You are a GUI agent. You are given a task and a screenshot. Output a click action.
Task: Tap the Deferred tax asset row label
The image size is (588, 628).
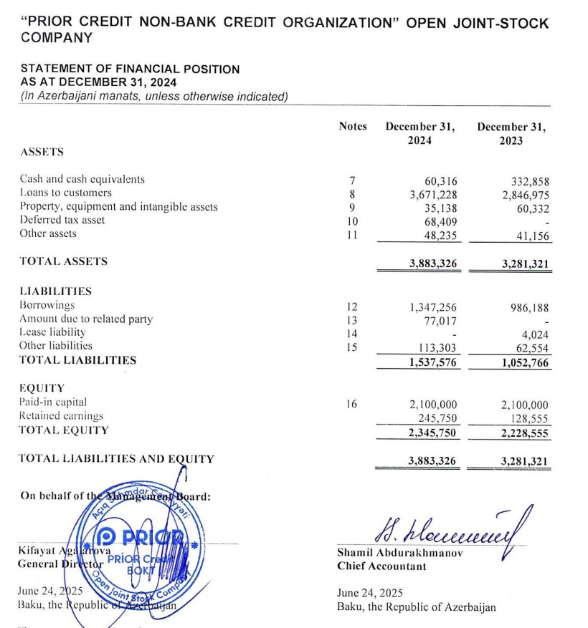coord(62,220)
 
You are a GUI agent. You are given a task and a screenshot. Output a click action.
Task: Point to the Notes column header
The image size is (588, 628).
coord(353,127)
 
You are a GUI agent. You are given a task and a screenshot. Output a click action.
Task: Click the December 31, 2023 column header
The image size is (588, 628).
coord(511,134)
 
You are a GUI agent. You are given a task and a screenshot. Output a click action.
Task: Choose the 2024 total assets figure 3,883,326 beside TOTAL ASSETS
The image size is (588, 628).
coord(433,263)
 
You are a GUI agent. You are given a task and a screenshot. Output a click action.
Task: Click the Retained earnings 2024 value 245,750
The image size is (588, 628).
coord(438,418)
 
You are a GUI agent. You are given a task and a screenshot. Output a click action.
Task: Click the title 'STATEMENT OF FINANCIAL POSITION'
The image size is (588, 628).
coord(131,69)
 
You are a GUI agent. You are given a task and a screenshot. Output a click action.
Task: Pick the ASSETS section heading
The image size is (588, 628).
coord(42,152)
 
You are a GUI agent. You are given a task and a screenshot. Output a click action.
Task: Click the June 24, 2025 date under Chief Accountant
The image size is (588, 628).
coord(370,593)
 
